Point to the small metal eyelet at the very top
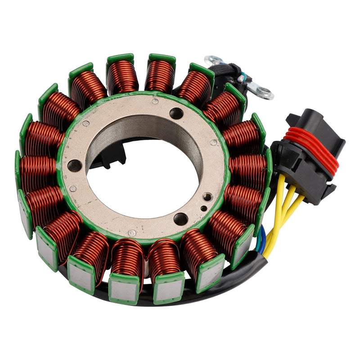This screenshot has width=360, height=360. point(211,60)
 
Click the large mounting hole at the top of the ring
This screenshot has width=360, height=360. point(176,113)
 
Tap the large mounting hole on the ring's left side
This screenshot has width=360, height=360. point(74,166)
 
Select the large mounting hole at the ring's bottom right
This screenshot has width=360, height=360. point(180,219)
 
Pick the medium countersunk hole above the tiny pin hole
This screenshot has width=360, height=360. point(207,197)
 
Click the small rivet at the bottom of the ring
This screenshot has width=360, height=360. point(132,233)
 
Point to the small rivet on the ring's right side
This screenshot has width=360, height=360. point(213,142)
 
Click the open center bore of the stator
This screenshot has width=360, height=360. point(144,180)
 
